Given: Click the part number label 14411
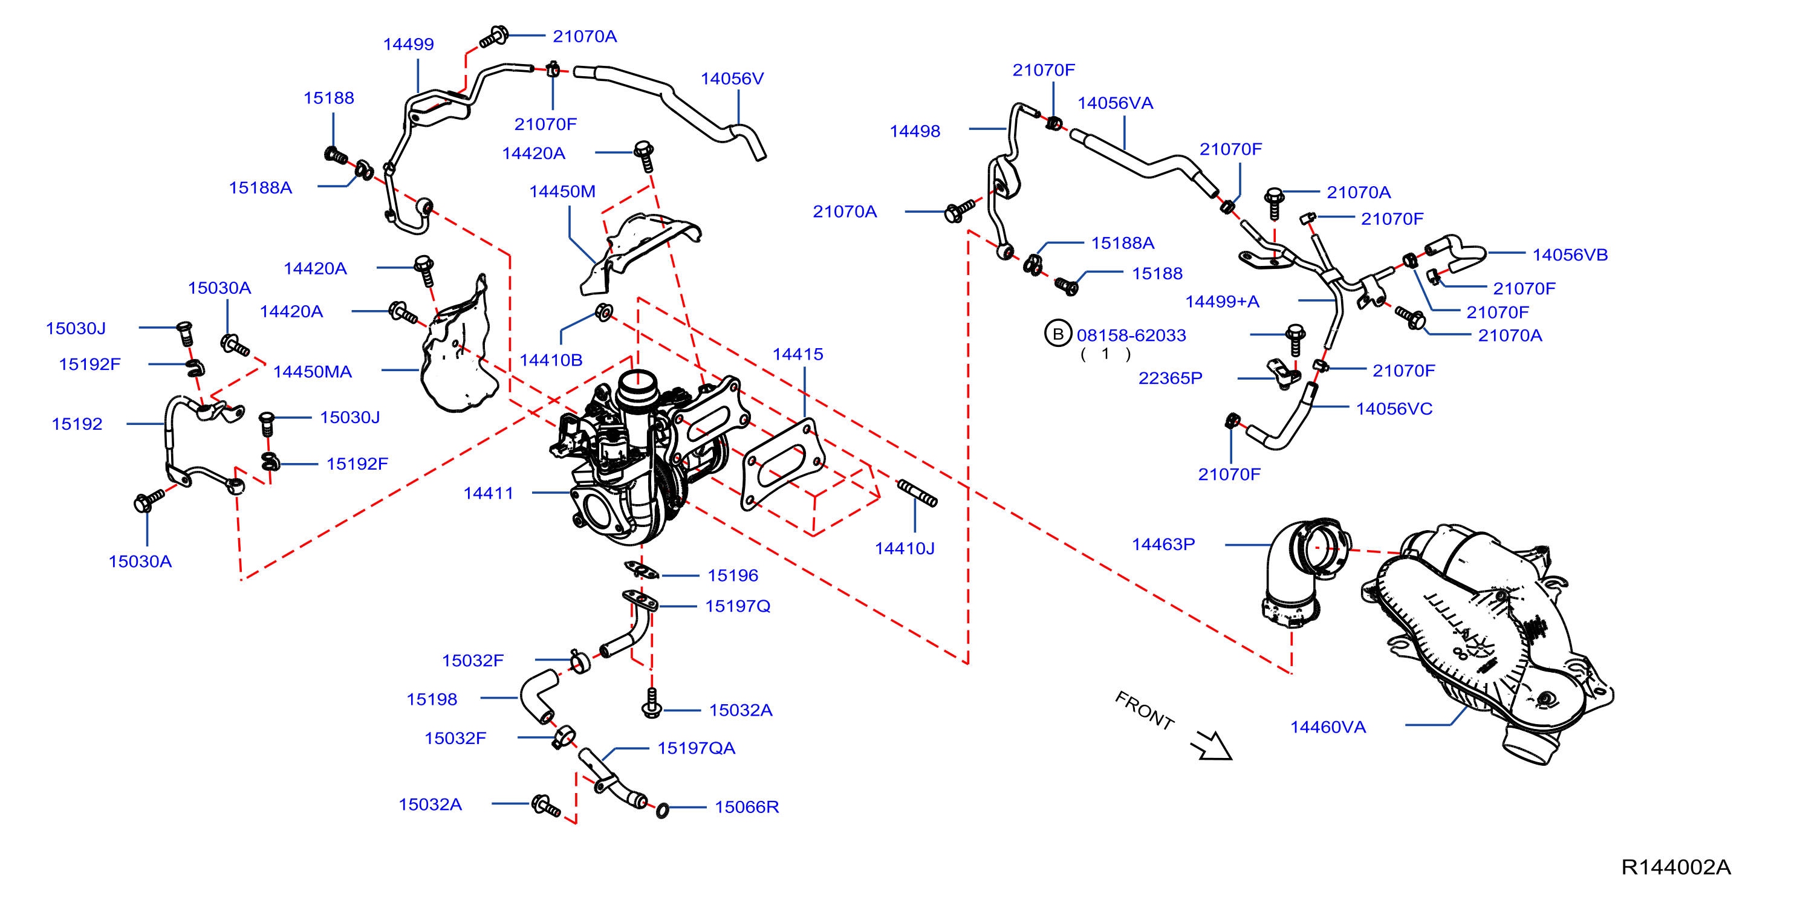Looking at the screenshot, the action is click(489, 493).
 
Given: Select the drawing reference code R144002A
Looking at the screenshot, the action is click(1675, 867).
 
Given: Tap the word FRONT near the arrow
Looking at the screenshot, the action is click(1145, 710).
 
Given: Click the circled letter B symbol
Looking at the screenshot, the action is click(1058, 334).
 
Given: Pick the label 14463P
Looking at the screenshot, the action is click(1163, 544).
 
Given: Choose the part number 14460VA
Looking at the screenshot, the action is click(1328, 727).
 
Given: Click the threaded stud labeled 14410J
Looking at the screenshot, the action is click(917, 493).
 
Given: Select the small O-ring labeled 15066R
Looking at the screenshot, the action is click(663, 811).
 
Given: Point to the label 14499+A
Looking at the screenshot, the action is click(1222, 302).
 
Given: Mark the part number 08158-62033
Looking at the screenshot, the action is click(1131, 335).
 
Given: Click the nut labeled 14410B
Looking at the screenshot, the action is click(605, 312).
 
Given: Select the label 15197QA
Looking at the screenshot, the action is click(696, 748).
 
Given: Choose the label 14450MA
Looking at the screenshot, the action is click(313, 372).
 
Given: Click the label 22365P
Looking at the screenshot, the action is click(1171, 378).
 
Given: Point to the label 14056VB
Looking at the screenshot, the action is click(1570, 255).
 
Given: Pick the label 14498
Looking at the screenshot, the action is click(915, 131).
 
